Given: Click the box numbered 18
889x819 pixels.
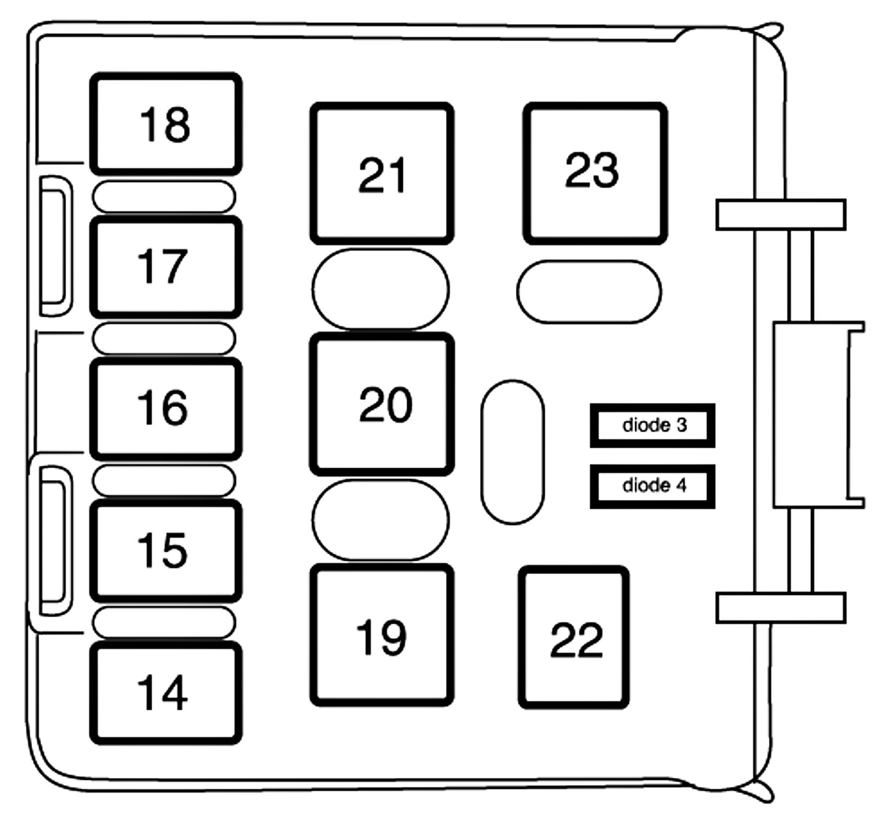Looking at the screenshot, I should click(x=166, y=124).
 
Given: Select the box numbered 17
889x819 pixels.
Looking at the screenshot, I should click(x=166, y=267).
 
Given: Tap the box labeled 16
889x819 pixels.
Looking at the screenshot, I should click(x=166, y=409).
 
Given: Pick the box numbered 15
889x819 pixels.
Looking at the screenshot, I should click(x=166, y=551).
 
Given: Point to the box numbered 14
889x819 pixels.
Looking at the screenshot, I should click(x=166, y=693).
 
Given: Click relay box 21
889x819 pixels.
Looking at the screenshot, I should click(x=382, y=173).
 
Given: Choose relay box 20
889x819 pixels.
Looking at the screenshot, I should click(x=382, y=404).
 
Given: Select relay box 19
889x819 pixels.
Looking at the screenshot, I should click(x=382, y=635).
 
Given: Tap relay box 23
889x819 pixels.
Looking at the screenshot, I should click(x=594, y=173).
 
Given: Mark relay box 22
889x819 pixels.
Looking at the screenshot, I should click(x=573, y=638).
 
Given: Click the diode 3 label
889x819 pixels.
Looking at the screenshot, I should click(x=652, y=425).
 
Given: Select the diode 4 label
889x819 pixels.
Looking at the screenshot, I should click(x=652, y=486).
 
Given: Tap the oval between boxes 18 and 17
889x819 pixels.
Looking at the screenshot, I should click(x=164, y=196).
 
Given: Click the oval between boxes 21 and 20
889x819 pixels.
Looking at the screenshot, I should click(x=381, y=289).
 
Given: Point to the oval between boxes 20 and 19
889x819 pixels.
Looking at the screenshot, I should click(x=381, y=520).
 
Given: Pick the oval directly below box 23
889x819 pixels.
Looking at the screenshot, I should click(x=589, y=292).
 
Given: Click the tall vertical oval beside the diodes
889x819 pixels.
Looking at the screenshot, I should click(x=512, y=452).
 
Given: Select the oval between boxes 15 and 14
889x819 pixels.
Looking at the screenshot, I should click(x=164, y=622).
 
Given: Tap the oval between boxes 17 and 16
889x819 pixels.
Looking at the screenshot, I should click(x=164, y=338).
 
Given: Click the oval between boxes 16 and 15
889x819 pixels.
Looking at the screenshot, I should click(x=164, y=480).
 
